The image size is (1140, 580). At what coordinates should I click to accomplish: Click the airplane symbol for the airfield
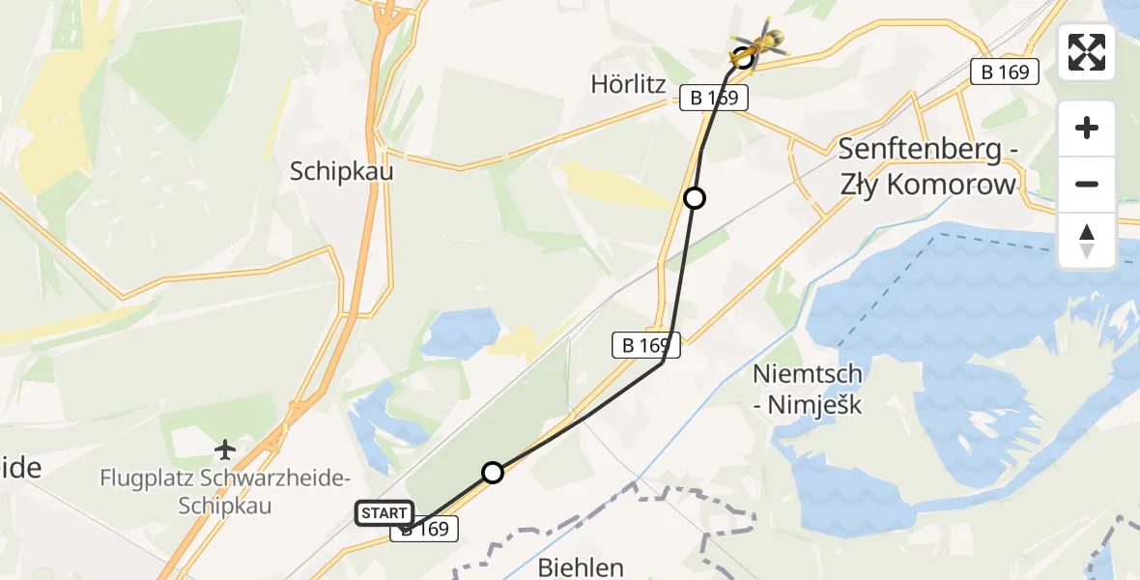point(225,449)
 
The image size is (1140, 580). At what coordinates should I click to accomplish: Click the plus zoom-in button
point(1087,128)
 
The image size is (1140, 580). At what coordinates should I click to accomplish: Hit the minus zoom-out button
point(1087,184)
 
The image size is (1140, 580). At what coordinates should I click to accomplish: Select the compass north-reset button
point(1087,240)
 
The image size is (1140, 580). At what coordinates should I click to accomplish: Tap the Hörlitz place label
point(629,85)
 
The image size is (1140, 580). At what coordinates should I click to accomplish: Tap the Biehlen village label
point(581,567)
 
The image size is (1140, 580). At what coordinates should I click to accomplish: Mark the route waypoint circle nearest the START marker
point(493,473)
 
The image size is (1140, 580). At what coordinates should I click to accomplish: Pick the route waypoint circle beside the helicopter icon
point(743,57)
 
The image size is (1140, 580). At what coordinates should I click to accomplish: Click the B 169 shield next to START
point(424,529)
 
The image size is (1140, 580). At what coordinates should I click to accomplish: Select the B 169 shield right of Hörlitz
point(715,98)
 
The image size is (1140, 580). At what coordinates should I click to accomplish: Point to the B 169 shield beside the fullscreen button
point(1005,71)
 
